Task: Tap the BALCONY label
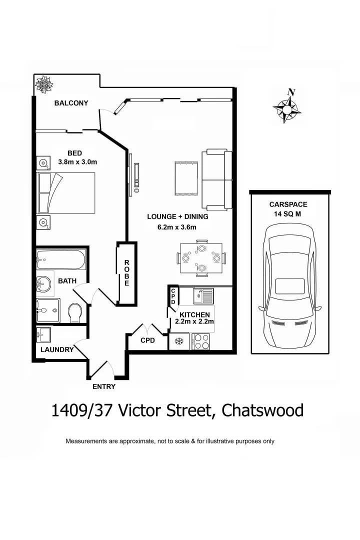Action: [x=71, y=103]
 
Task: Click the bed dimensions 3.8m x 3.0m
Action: [x=77, y=162]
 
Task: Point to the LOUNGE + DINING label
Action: [x=177, y=217]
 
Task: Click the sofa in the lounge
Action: [x=217, y=179]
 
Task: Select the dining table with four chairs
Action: [x=201, y=258]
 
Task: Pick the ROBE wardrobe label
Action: [x=127, y=273]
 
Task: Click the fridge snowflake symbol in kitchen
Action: [x=178, y=341]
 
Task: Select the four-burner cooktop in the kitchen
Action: [x=201, y=341]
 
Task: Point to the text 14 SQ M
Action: [x=288, y=213]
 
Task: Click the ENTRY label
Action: [x=104, y=386]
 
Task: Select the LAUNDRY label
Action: [x=56, y=350]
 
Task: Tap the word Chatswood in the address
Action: [x=262, y=410]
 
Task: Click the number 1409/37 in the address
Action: [x=84, y=410]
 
